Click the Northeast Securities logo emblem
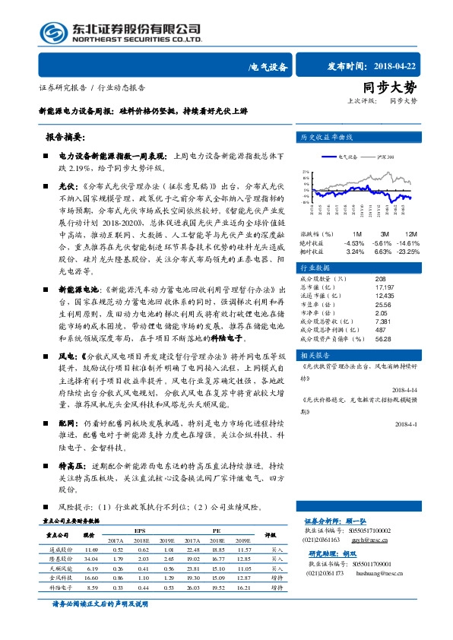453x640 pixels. pos(54,33)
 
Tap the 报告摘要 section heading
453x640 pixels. pos(65,139)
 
